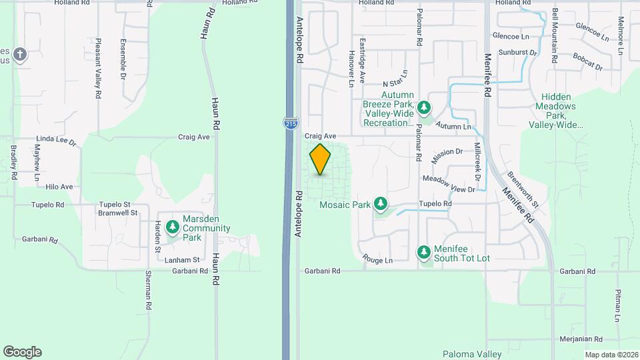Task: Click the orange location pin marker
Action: (x=320, y=159)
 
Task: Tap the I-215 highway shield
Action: (x=291, y=123)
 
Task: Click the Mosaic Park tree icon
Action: (x=381, y=203)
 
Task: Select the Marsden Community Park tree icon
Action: (x=173, y=227)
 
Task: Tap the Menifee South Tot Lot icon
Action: (x=423, y=251)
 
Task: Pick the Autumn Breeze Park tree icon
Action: (x=423, y=107)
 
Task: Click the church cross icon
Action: (x=20, y=54)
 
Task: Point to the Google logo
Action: (x=22, y=351)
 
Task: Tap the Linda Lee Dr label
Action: (x=57, y=142)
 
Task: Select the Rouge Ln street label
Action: (x=377, y=259)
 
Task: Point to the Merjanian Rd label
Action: (x=581, y=339)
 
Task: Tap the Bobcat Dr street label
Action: (x=587, y=63)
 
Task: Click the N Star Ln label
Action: (x=395, y=78)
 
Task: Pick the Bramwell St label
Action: (x=117, y=213)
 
